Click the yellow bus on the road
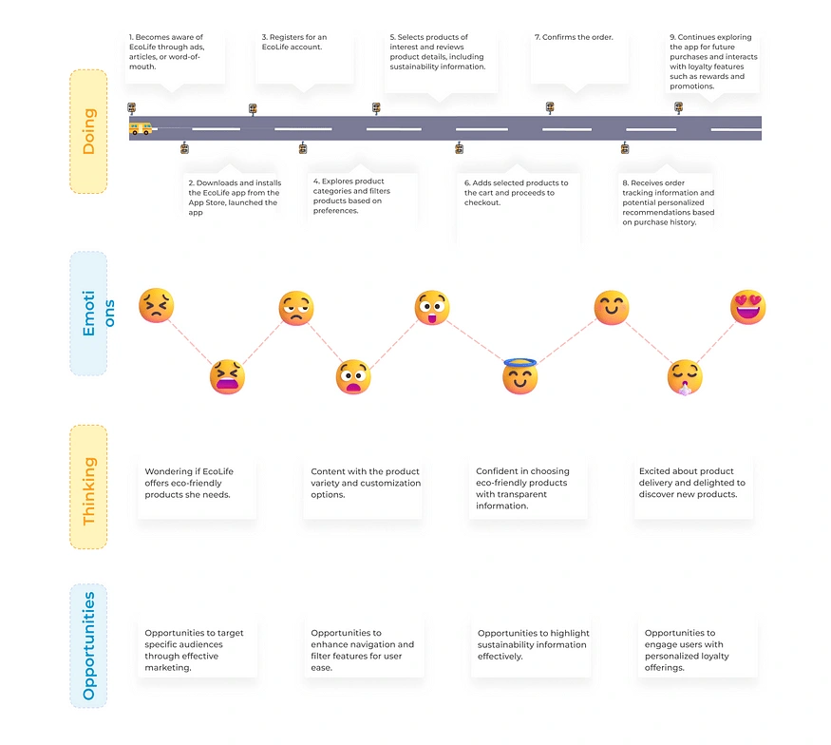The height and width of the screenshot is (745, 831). pos(141,129)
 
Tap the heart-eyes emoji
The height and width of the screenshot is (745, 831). pos(747,307)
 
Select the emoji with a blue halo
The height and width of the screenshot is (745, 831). pos(519,376)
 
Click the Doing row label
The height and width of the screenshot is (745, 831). pos(88,131)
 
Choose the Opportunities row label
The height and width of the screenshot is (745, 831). pos(88,646)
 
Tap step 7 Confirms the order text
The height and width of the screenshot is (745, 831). pos(574,37)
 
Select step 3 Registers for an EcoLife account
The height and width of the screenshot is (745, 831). pos(294,42)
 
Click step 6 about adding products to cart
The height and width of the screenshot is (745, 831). pos(517,193)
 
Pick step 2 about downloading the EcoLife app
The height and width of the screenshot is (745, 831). pos(235,198)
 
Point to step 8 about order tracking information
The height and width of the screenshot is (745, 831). pos(669,202)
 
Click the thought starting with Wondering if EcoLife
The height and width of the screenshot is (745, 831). pos(189,483)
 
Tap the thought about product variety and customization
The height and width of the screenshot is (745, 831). pos(365,483)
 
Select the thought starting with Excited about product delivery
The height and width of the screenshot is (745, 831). pos(691,483)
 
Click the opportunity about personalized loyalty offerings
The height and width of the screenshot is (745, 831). pos(687,650)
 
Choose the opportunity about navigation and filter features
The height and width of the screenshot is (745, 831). pos(362,650)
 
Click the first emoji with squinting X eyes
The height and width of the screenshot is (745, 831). pos(157,305)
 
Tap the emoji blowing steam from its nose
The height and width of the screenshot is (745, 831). pos(685,377)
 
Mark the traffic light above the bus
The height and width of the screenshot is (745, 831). pos(131,108)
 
